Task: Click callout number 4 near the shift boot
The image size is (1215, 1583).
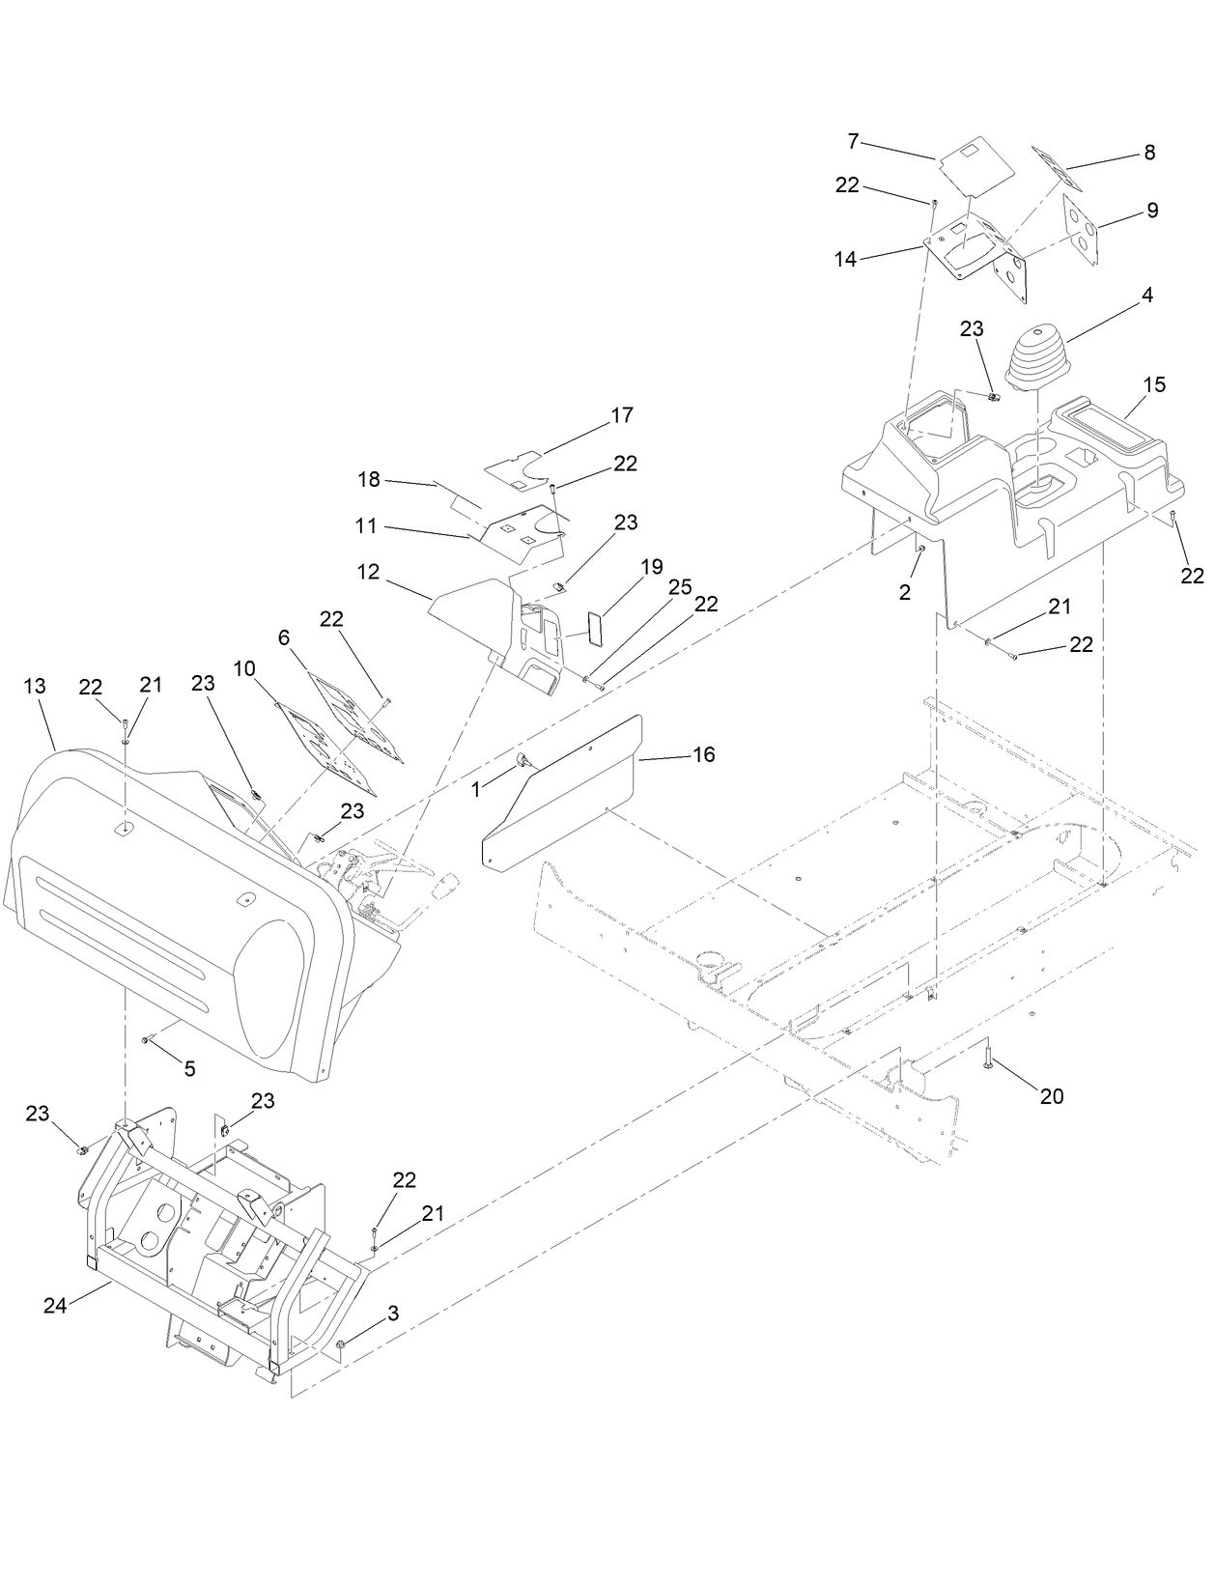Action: click(x=1147, y=296)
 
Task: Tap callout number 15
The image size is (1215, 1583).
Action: click(x=1154, y=384)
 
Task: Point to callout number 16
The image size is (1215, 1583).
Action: click(x=704, y=754)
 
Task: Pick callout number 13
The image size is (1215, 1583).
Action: click(x=35, y=687)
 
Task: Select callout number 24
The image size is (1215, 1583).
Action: click(x=54, y=1306)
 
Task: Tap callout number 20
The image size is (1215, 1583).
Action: click(x=1051, y=1096)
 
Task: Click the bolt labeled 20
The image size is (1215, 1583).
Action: click(x=989, y=1057)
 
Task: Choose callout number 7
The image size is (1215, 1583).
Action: click(x=853, y=141)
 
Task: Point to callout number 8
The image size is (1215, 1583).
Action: click(x=1149, y=153)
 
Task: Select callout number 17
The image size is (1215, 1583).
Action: click(x=622, y=415)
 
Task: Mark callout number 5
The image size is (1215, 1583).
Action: click(x=189, y=1068)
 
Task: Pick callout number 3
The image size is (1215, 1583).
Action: click(x=392, y=1314)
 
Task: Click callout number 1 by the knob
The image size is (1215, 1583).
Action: click(x=475, y=789)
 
